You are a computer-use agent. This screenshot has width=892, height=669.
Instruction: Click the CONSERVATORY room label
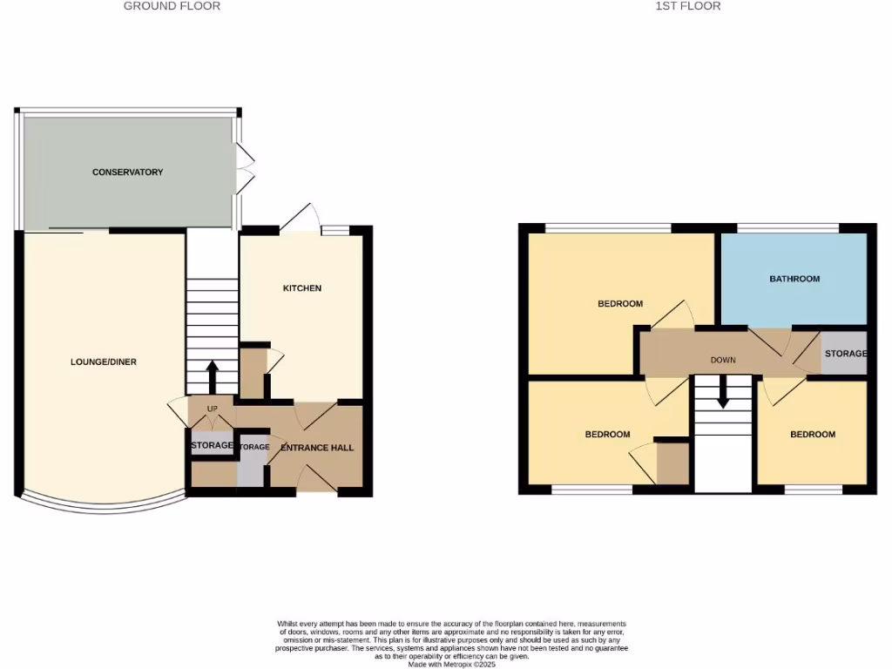127,172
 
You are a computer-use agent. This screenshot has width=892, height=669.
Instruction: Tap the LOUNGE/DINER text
104,362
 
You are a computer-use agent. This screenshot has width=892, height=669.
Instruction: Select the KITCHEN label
302,288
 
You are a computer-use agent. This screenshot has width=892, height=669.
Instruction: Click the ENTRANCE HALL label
317,448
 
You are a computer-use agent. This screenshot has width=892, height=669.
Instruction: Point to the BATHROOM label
794,279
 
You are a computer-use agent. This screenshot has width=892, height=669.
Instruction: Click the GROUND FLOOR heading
172,6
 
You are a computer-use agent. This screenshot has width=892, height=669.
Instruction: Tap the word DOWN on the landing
723,360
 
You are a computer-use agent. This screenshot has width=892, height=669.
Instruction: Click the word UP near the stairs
212,409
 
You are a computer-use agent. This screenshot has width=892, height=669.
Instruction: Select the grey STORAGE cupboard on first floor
845,354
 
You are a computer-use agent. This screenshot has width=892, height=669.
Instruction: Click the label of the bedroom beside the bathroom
620,304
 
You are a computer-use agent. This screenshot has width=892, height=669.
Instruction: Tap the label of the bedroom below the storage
812,435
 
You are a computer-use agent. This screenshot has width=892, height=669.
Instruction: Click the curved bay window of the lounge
103,504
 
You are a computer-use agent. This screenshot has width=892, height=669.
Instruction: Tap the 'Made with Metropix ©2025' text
451,664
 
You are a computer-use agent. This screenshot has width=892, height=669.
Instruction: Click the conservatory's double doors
245,169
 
